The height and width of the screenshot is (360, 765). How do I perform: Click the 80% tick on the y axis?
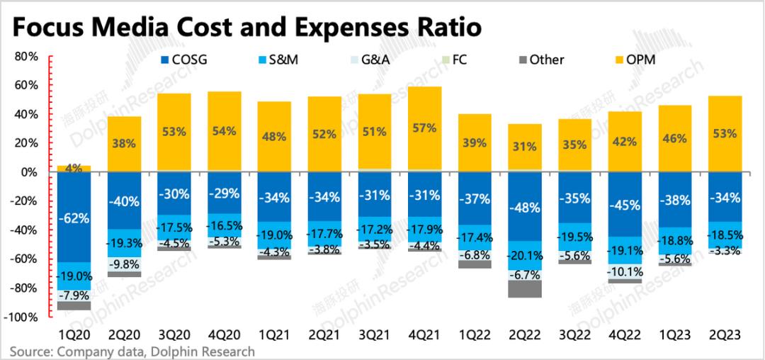[26, 56]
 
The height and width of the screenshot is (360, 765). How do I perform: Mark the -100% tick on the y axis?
[23, 317]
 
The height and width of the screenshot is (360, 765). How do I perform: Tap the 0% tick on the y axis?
[29, 172]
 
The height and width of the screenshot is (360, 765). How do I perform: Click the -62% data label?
[74, 218]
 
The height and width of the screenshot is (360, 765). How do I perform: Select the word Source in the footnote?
[28, 351]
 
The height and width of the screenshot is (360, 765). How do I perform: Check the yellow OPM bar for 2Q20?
[125, 144]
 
